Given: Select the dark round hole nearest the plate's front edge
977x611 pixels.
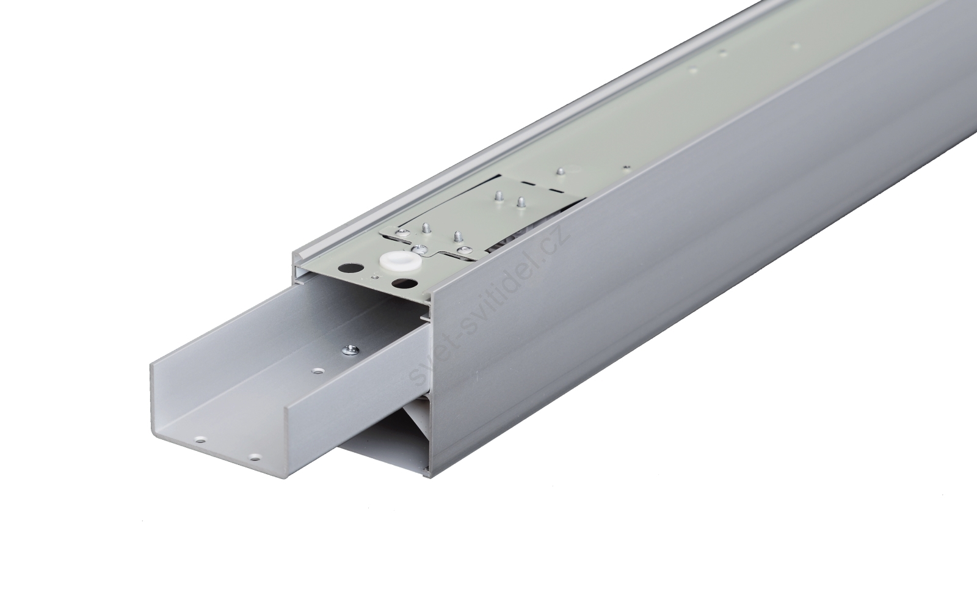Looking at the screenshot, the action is click(x=401, y=284).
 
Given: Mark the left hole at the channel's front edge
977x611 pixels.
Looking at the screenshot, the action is click(x=201, y=441).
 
